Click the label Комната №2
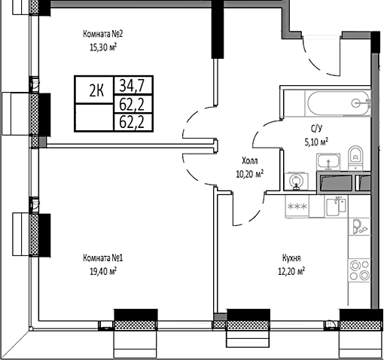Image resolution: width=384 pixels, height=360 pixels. coord(103,34)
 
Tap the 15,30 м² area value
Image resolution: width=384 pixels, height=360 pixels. coord(103,47)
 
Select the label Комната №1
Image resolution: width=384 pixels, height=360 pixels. coord(103,258)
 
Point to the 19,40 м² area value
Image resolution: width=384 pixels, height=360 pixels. coord(103,271)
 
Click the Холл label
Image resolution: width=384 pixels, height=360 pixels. coord(250,160)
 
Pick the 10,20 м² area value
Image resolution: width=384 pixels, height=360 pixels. coord(250,174)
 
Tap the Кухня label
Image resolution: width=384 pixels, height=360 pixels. coord(291,258)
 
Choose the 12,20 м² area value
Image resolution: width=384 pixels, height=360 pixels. coord(291,271)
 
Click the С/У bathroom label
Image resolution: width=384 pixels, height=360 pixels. coord(316,129)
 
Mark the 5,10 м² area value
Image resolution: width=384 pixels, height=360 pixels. coord(316,142)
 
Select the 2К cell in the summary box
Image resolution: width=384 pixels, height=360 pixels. coord(96,91)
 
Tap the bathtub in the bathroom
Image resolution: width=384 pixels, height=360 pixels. coord(338,103)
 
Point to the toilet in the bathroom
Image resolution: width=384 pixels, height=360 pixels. coord(355,157)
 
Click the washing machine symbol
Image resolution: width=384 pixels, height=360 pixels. coord(297,182)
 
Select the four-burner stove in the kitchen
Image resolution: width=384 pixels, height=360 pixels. coord(359,270)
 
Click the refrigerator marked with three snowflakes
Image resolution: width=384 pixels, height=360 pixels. coord(297,206)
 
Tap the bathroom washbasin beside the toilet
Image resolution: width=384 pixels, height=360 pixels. coord(328,161)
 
